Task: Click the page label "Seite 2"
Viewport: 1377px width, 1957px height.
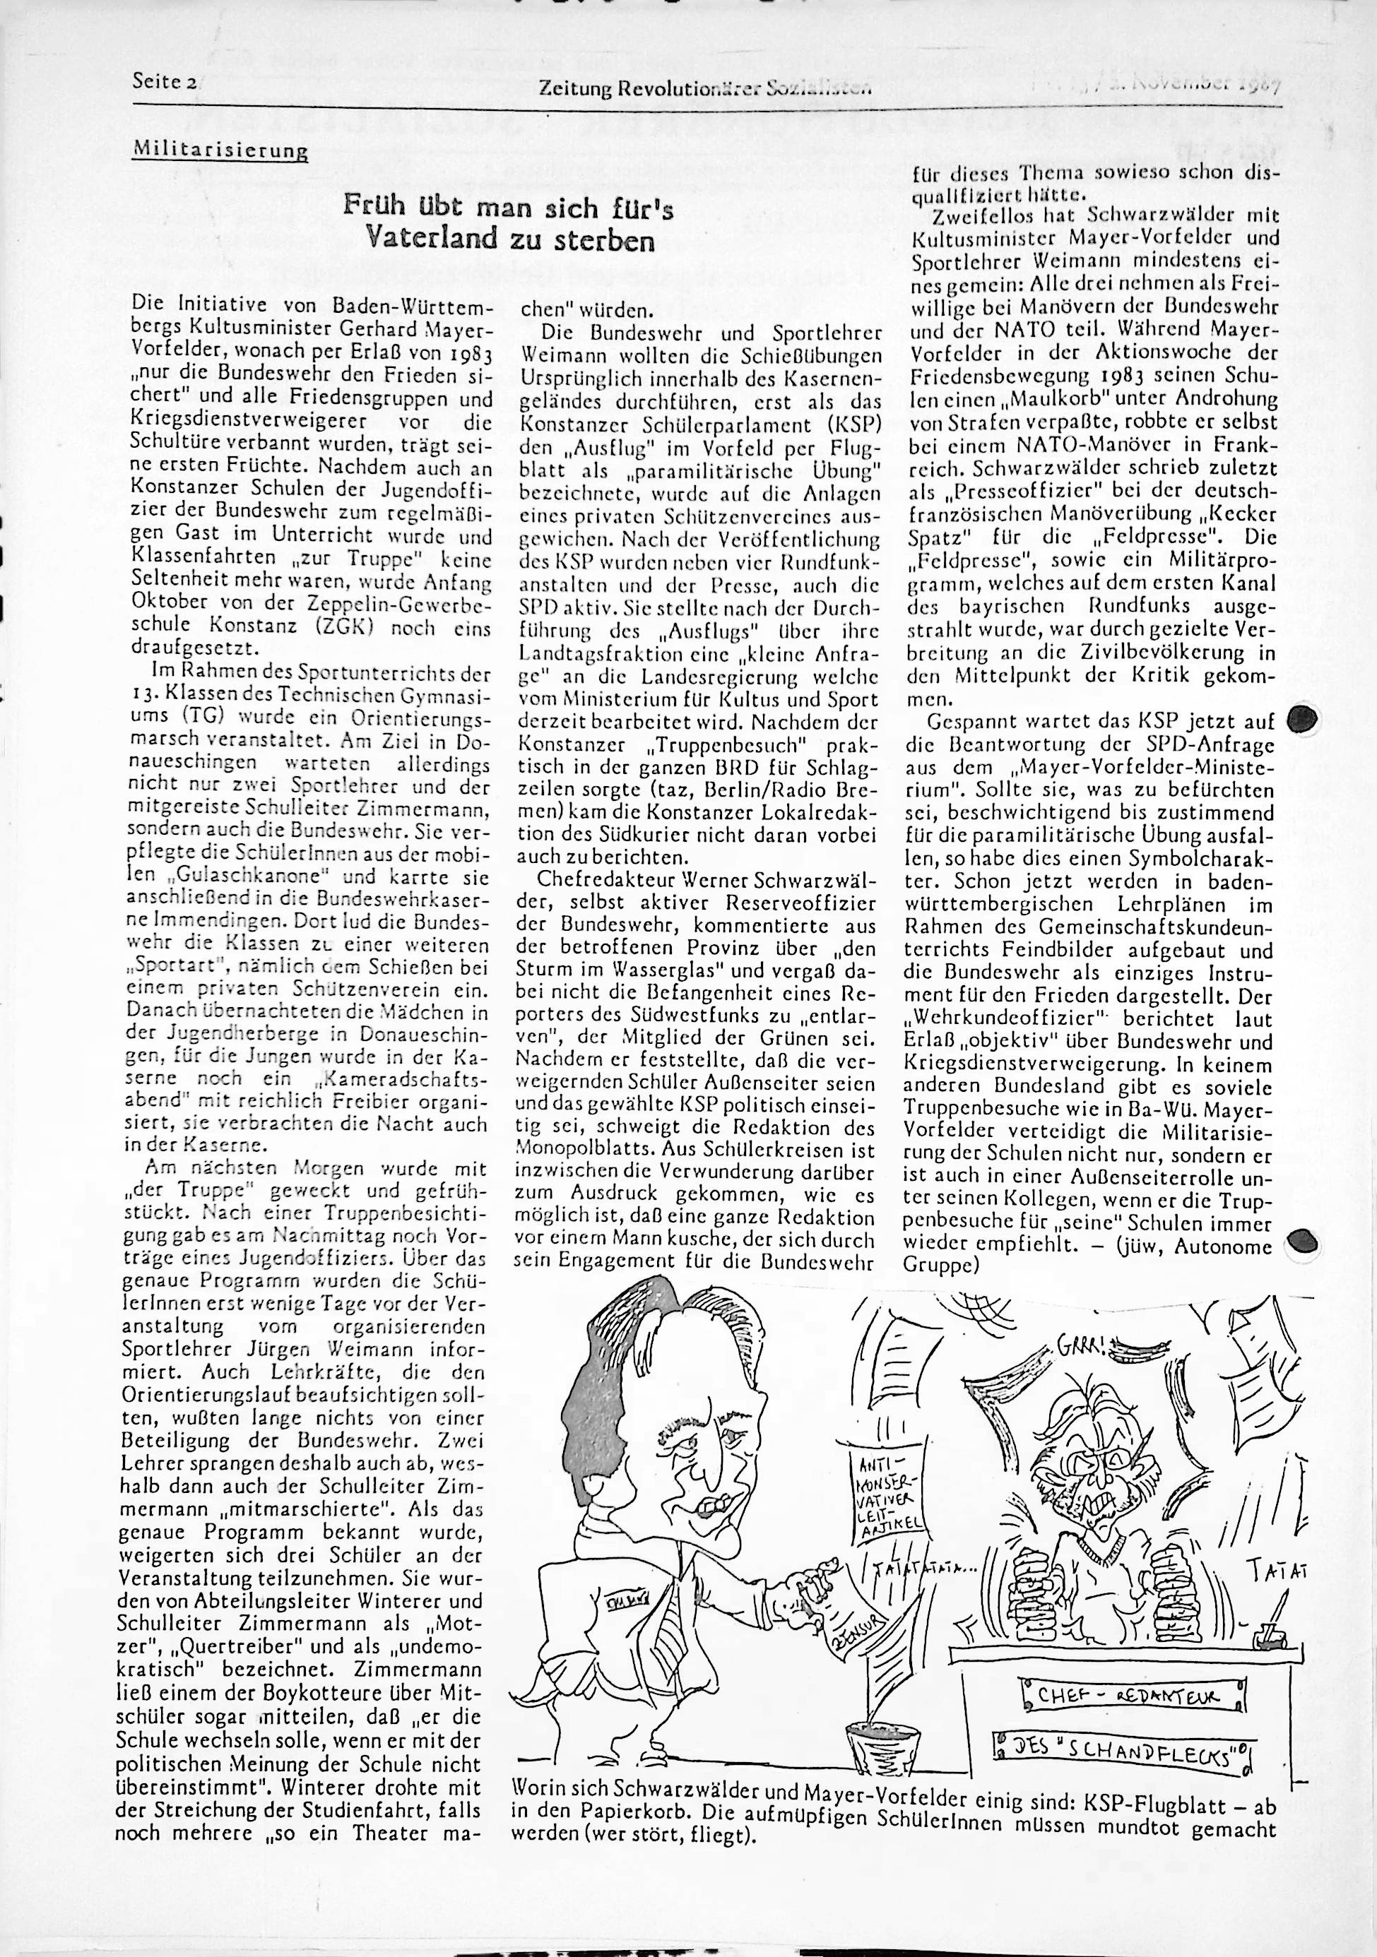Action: [164, 82]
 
